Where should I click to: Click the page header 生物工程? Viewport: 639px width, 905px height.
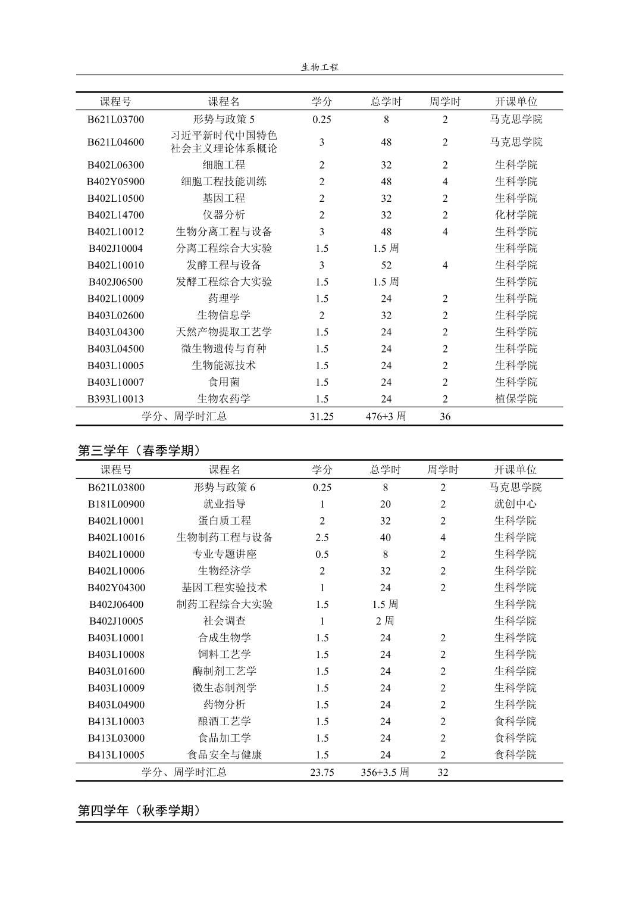[x=319, y=67]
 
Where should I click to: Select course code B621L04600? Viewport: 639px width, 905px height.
[x=115, y=142]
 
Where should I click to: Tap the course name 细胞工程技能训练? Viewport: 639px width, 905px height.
[x=224, y=182]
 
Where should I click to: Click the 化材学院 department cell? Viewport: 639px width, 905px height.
[x=516, y=215]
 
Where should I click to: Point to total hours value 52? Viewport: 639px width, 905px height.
[x=386, y=265]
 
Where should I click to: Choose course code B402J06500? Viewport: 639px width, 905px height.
[x=115, y=282]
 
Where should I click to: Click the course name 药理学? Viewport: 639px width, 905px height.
[x=224, y=298]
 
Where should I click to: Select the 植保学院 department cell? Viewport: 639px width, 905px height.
[x=516, y=399]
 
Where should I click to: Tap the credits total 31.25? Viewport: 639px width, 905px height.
[x=321, y=416]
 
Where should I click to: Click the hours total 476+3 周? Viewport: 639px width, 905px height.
[x=386, y=416]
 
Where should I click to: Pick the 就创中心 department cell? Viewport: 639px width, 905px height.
[x=515, y=504]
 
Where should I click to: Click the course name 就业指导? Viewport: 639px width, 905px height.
[x=224, y=504]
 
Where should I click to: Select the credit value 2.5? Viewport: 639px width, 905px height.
[x=322, y=538]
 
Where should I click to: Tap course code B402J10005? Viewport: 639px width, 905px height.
[x=116, y=621]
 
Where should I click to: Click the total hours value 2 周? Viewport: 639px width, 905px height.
[x=385, y=621]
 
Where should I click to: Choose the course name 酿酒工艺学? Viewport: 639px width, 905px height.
[x=224, y=721]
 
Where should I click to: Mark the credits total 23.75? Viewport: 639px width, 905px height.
[x=322, y=772]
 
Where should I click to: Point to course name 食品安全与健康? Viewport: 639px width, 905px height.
[x=224, y=754]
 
